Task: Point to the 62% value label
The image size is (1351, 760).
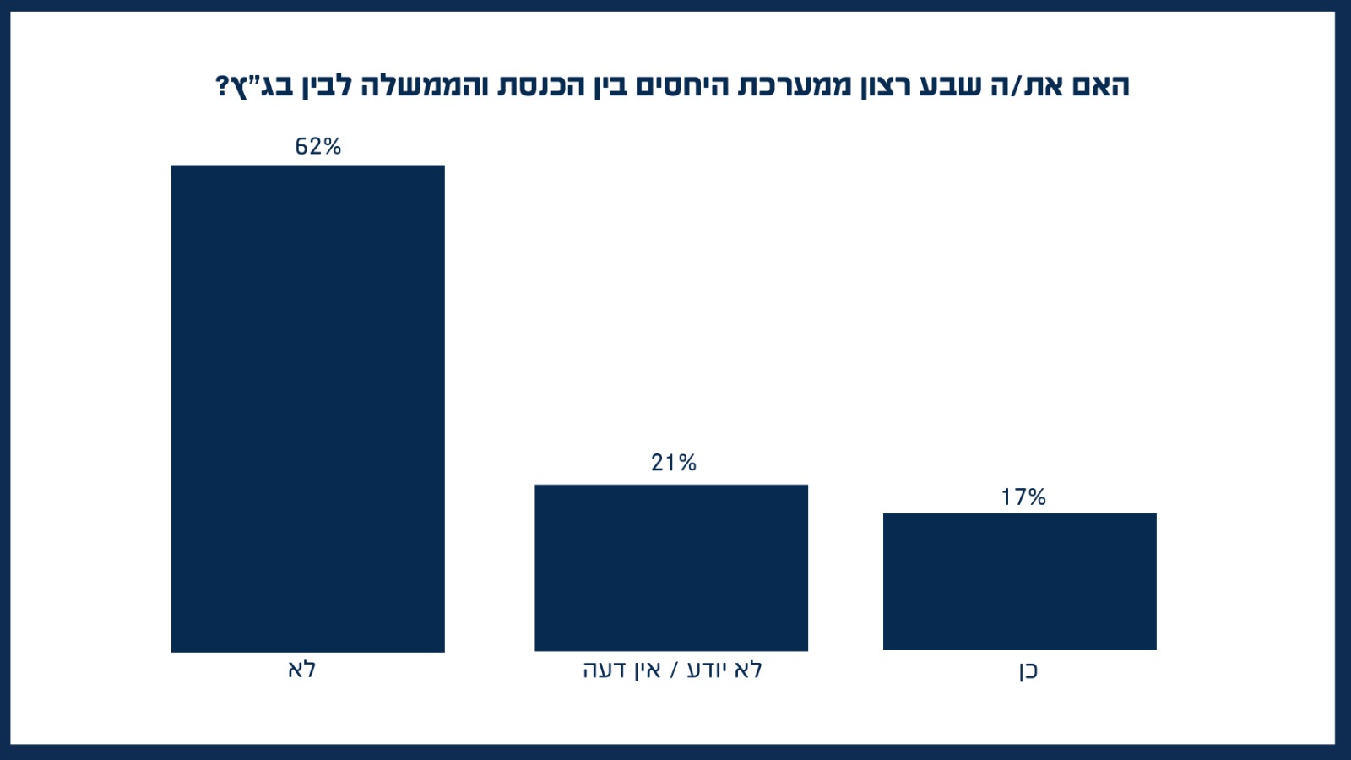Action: coord(318,147)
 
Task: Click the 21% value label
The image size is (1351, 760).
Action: coord(674,463)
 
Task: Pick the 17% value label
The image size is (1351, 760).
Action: coord(1023,497)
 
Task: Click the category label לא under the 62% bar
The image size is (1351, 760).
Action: coord(302,670)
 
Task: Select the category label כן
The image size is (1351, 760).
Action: coord(1026,670)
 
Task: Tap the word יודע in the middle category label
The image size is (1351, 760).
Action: coord(705,670)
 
